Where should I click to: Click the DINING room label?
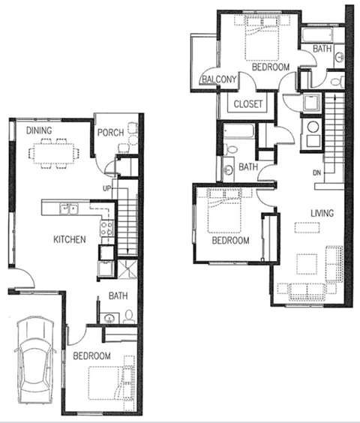pyautogui.click(x=39, y=131)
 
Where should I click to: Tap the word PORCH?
pyautogui.click(x=112, y=133)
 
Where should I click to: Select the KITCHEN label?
pyautogui.click(x=69, y=240)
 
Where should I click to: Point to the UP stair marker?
pyautogui.click(x=108, y=187)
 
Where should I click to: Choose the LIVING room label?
pyautogui.click(x=322, y=214)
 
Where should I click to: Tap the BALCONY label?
pyautogui.click(x=218, y=79)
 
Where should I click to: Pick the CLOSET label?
pyautogui.click(x=248, y=104)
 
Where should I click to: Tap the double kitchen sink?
pyautogui.click(x=70, y=209)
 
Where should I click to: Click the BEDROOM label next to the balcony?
pyautogui.click(x=270, y=67)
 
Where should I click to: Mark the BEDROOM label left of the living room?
pyautogui.click(x=229, y=241)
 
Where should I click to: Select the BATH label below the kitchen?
pyautogui.click(x=118, y=295)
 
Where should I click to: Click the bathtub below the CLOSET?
pyautogui.click(x=242, y=136)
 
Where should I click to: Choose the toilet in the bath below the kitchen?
pyautogui.click(x=129, y=316)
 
